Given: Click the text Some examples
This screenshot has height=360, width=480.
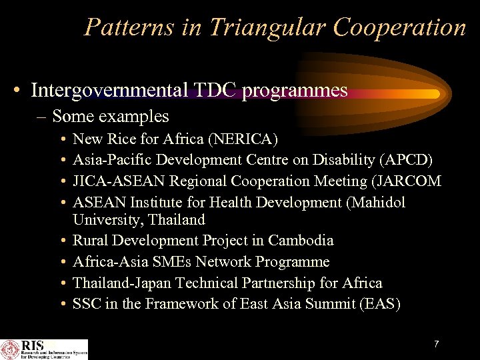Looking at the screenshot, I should point(110,116).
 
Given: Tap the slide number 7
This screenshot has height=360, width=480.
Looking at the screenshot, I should point(436,344).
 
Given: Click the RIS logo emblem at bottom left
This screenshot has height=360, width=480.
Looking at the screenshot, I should point(11,349).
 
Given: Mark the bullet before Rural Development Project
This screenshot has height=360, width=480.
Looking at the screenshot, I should point(62,241).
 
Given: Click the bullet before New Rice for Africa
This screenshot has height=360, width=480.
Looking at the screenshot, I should point(62,139).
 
